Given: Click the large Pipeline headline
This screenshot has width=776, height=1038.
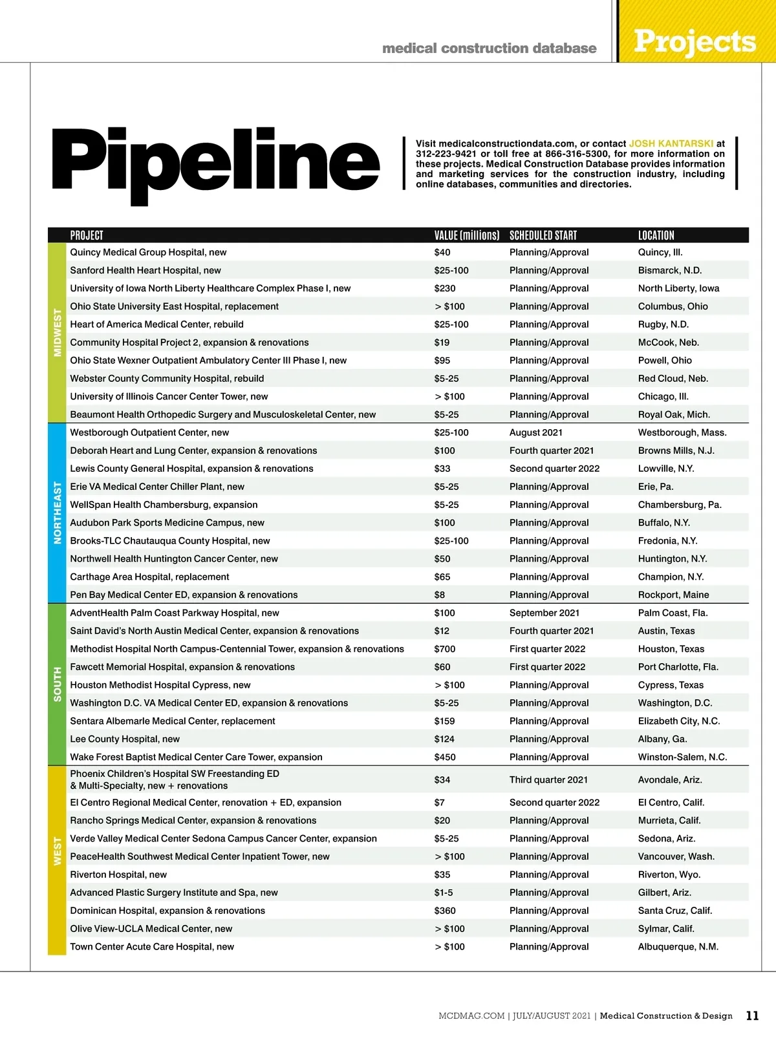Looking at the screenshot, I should (215, 162).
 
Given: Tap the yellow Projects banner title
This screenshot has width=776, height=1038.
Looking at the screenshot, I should (695, 41).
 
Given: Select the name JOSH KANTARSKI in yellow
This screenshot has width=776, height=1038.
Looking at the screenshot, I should (671, 143).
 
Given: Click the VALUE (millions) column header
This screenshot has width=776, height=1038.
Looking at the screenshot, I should (466, 235).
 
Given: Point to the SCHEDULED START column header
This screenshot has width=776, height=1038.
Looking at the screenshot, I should (543, 235).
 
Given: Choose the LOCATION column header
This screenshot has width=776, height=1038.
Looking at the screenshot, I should (656, 235).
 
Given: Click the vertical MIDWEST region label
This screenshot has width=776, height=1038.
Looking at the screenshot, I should (58, 332).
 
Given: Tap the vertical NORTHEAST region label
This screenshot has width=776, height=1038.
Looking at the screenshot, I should (58, 513).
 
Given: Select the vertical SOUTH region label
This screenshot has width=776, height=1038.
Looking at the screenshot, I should (58, 684).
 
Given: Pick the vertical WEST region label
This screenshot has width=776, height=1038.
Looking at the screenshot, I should (58, 851).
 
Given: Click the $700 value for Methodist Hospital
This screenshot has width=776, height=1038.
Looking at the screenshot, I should (445, 649).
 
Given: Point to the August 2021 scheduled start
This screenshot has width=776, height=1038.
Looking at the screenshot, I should (535, 432).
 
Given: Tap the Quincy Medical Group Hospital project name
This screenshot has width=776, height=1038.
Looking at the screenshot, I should (148, 252).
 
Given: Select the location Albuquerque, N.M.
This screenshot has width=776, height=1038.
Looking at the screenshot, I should (678, 946).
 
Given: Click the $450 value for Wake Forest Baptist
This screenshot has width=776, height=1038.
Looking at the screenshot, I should (445, 757).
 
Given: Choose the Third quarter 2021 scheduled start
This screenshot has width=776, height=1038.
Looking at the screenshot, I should (548, 779).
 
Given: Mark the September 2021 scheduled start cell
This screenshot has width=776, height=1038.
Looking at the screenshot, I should (544, 613).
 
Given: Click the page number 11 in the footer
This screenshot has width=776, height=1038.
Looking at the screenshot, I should (752, 1015).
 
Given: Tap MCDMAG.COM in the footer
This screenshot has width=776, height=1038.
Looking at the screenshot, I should (471, 1016).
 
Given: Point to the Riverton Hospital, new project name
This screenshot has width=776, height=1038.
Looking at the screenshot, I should (118, 874).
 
